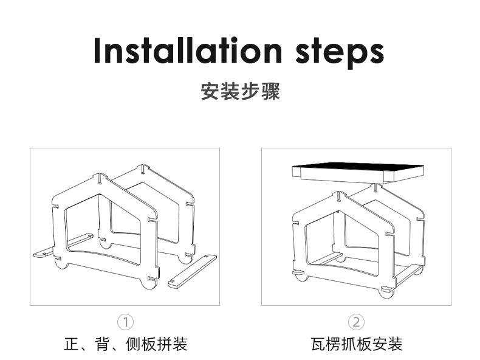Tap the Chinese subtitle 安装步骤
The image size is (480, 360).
click(240, 92)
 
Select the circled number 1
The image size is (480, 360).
click(125, 322)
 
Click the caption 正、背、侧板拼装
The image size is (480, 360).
click(125, 344)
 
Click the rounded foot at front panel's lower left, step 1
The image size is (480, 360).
click(61, 264)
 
